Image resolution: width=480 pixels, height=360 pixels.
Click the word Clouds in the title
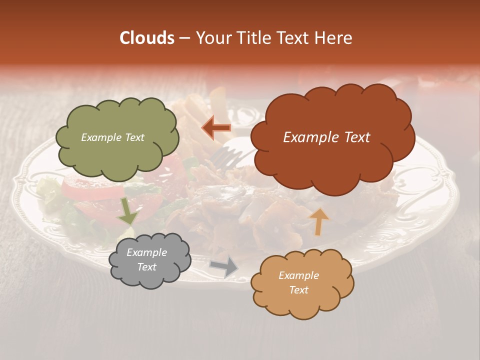pos(147,38)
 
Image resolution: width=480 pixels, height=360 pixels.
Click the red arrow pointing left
pos(216,128)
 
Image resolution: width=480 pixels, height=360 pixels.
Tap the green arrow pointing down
pos(127,210)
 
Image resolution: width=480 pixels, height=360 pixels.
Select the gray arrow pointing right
pos(223,267)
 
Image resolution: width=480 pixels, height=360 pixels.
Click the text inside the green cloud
pos(112,137)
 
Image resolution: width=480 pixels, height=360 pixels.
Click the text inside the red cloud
pos(326,137)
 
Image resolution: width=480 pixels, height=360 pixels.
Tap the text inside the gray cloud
pos(146,260)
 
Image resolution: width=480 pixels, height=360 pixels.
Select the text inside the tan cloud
pos(298,282)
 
